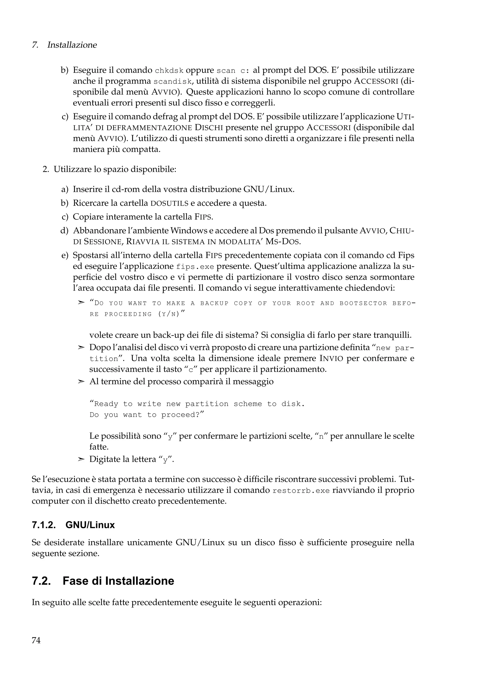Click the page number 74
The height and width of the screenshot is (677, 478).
tap(36, 640)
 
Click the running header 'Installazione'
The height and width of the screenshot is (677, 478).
tap(72, 45)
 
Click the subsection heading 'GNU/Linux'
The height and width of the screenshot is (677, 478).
tap(90, 525)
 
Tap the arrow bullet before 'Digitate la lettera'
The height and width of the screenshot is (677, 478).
tap(81, 459)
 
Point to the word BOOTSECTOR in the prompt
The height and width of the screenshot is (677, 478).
tap(363, 303)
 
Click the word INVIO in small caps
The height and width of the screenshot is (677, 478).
tap(331, 359)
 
